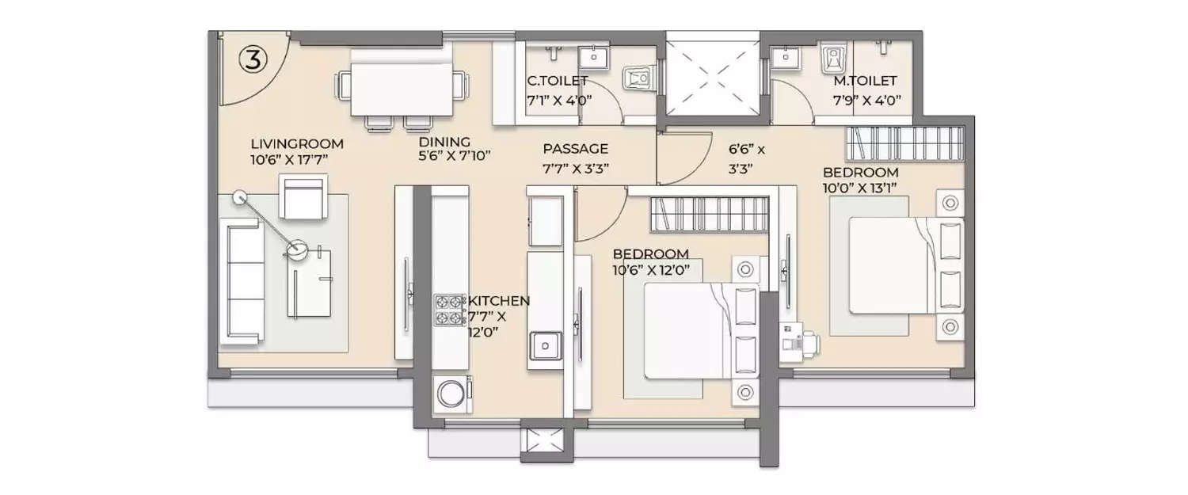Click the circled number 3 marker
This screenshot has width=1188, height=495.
(252, 60)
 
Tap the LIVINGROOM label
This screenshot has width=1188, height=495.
(297, 144)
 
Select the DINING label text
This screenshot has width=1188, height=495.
(444, 143)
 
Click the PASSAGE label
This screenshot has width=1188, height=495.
(575, 148)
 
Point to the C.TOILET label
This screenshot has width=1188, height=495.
(558, 81)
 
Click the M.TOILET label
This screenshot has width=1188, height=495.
(865, 81)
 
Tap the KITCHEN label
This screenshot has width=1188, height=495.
(499, 301)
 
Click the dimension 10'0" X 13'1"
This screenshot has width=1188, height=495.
(860, 187)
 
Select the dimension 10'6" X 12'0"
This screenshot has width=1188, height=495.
(651, 269)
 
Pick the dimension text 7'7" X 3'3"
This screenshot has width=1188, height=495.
(575, 167)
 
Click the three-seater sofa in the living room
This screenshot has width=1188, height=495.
(243, 283)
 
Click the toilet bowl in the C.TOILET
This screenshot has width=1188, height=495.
(638, 78)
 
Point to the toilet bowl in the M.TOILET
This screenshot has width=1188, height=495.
(833, 59)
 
